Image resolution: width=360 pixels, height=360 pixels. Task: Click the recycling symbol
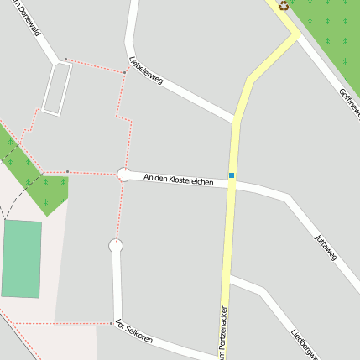284,5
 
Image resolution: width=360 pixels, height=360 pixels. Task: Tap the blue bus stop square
232,175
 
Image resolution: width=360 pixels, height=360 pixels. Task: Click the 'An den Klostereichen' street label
178,179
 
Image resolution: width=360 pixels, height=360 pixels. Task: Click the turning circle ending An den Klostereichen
124,175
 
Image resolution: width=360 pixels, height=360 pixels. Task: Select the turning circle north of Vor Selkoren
117,246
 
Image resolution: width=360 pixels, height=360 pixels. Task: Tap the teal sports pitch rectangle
21,258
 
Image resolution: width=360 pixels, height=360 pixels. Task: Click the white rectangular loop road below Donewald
56,88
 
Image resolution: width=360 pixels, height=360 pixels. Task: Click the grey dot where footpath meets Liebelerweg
124,72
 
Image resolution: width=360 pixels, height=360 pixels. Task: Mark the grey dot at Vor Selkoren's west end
112,323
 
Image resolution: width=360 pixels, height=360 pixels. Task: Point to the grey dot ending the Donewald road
66,60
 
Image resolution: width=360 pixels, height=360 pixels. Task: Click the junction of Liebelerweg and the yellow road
235,119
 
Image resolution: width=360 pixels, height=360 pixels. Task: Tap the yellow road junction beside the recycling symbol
296,34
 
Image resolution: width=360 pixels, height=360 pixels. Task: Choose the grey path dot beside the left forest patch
67,172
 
